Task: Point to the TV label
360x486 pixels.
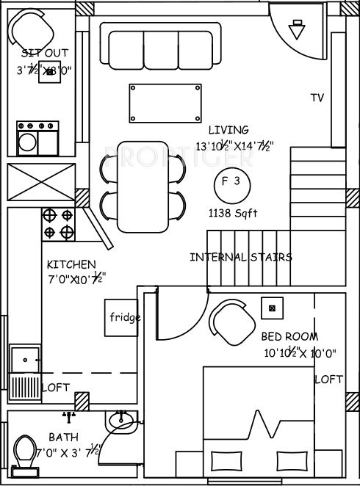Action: pos(317,98)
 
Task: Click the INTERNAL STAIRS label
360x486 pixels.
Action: pos(240,257)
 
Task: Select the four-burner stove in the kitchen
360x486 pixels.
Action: pos(58,224)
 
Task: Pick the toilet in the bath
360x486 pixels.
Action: pos(25,449)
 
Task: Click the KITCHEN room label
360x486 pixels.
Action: pos(71,264)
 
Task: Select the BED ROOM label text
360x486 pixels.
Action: pos(289,336)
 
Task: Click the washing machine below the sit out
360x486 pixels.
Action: pos(38,138)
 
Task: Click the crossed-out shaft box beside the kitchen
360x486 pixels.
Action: pos(41,182)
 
